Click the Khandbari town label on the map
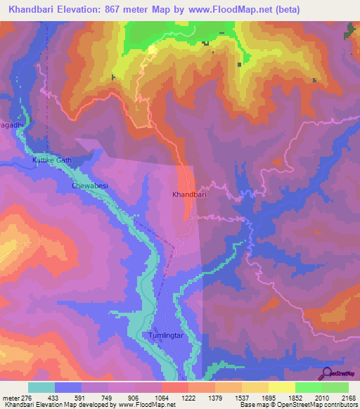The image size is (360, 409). click(189, 195)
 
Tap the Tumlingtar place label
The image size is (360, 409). click(165, 335)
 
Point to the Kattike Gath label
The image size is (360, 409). click(52, 160)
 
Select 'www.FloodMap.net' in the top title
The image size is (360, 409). click(236, 10)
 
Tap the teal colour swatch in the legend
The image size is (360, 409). click(41, 387)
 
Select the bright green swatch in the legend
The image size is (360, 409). click(308, 387)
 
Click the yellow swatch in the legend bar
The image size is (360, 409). click(281, 387)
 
